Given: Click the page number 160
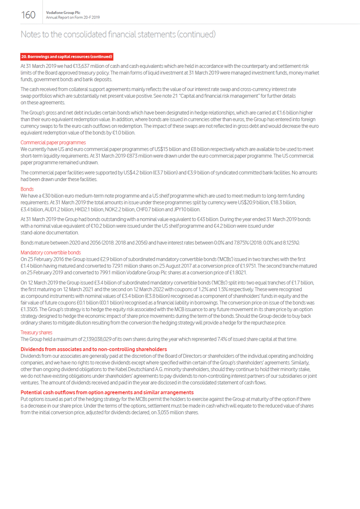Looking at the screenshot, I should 28,15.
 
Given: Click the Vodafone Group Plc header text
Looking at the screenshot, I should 63,13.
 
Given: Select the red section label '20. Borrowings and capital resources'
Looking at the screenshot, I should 67,56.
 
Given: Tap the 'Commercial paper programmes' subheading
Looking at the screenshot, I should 53,143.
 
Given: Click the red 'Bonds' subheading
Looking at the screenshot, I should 27,189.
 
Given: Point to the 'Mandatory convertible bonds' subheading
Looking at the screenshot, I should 51,253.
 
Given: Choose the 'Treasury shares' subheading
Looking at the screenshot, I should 36,333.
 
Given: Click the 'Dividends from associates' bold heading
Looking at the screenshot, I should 94,349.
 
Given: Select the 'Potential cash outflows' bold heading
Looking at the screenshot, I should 107,392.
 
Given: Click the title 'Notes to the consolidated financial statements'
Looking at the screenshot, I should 118,34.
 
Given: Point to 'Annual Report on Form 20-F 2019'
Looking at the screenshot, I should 73,18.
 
